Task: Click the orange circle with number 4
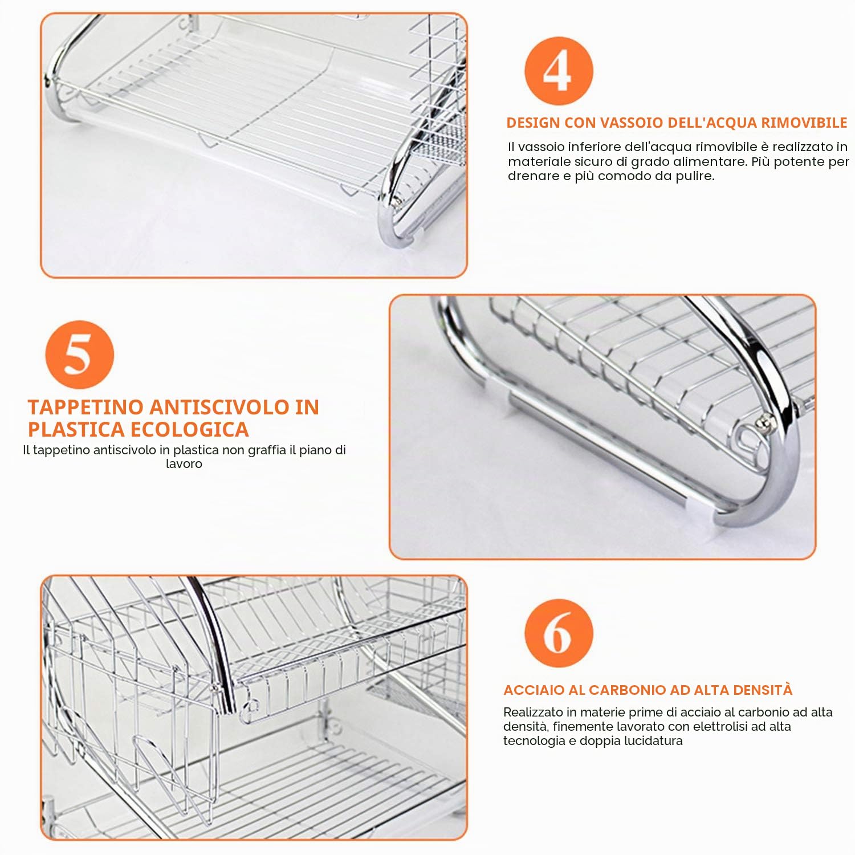559,71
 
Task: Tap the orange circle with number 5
79,354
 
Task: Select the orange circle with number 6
559,633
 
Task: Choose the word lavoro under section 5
184,463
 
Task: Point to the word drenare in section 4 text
532,176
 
